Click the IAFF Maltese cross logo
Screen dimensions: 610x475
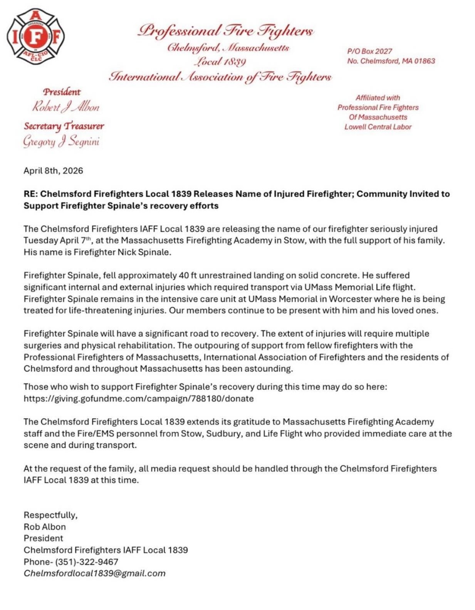coord(35,37)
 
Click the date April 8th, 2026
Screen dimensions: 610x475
coord(53,171)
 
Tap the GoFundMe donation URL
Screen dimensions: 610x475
coord(138,399)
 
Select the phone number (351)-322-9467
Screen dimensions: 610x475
coord(87,562)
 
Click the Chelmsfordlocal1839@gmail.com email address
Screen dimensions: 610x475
coord(94,573)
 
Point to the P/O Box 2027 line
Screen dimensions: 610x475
coord(369,51)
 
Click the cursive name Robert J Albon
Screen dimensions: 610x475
coord(65,107)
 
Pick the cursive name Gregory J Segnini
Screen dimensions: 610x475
coord(61,141)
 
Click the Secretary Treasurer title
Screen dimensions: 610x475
coord(64,126)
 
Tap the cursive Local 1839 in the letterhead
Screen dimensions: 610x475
coord(220,62)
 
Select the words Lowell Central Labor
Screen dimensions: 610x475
coord(378,127)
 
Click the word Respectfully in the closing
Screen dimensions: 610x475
coord(50,515)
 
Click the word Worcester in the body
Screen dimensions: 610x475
coord(350,299)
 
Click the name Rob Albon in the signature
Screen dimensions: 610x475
coord(45,527)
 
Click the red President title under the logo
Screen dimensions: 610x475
coord(62,92)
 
